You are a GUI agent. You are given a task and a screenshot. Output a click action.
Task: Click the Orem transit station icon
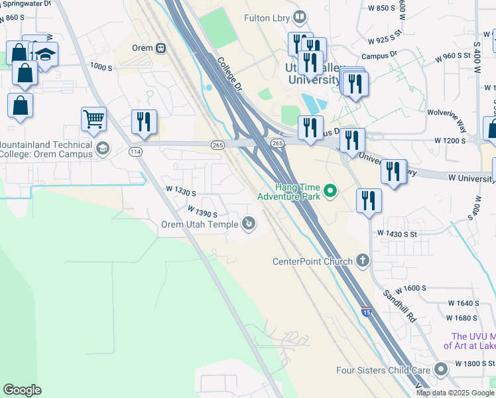(x=161, y=48)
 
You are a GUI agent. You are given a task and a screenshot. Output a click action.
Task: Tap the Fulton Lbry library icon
(x=300, y=16)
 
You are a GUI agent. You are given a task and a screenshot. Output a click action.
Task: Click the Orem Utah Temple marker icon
(x=249, y=224)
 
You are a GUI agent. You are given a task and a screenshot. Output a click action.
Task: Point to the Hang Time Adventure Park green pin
(x=330, y=192)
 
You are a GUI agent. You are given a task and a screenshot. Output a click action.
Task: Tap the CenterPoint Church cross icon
(x=362, y=261)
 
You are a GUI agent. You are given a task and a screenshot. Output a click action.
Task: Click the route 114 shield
(x=136, y=152)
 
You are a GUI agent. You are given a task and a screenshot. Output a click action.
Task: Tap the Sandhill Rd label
(x=399, y=305)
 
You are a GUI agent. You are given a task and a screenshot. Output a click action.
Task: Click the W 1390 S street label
(x=202, y=212)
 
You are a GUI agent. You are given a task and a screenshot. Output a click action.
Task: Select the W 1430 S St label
(x=397, y=233)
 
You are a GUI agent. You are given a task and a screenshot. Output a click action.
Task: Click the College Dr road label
(x=231, y=73)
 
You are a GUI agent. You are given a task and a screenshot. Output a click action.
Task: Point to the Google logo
(x=22, y=390)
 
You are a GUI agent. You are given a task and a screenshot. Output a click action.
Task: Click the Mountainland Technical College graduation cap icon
(x=102, y=149)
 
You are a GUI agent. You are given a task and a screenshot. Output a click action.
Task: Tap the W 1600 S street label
(x=410, y=289)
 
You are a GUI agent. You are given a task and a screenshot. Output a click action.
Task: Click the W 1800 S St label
(x=475, y=364)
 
